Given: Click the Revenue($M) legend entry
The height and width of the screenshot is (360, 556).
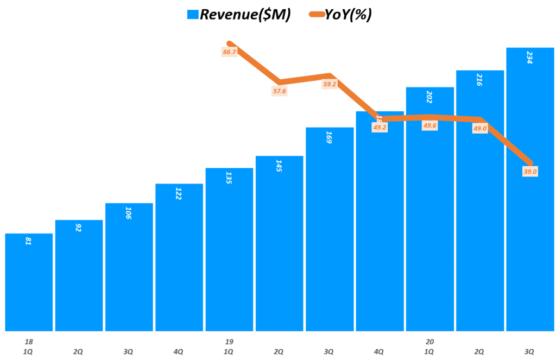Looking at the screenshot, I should pyautogui.click(x=239, y=15).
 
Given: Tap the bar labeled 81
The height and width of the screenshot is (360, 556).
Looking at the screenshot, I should pyautogui.click(x=29, y=282).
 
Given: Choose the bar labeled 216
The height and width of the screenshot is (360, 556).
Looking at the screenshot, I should pyautogui.click(x=479, y=200).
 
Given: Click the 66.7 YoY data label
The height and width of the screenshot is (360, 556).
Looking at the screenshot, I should pyautogui.click(x=229, y=52).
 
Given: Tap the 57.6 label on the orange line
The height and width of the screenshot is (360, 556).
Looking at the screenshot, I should pyautogui.click(x=279, y=91).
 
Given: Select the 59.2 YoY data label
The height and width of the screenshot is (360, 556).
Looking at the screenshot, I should pyautogui.click(x=329, y=84).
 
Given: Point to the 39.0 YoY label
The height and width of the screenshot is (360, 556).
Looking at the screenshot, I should pyautogui.click(x=530, y=172).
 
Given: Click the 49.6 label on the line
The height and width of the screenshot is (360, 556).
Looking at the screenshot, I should pyautogui.click(x=429, y=125).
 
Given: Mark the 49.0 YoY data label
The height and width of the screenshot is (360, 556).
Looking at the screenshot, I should pyautogui.click(x=479, y=128).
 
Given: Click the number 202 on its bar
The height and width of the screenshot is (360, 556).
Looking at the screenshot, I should pyautogui.click(x=429, y=97).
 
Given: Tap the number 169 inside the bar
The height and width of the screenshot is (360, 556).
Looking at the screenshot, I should pyautogui.click(x=329, y=137).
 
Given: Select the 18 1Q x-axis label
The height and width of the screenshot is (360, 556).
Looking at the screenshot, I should pyautogui.click(x=28, y=346).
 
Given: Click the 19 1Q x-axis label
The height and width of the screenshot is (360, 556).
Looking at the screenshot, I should pyautogui.click(x=229, y=346).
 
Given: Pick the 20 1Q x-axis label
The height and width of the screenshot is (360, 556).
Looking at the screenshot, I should pyautogui.click(x=429, y=346).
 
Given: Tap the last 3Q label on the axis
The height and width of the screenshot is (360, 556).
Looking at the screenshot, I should pyautogui.click(x=529, y=351).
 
